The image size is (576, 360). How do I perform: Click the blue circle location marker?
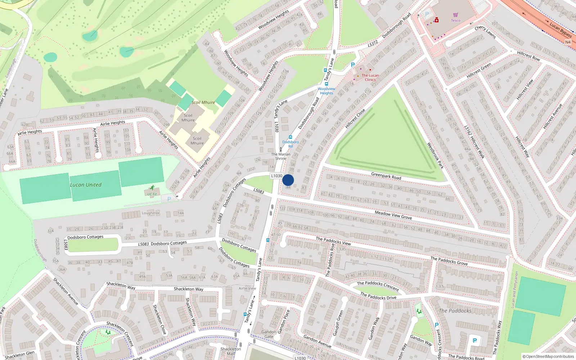click(x=288, y=180)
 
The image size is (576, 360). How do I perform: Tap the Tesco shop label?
click(x=455, y=21)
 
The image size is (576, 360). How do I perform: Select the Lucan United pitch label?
click(x=86, y=185)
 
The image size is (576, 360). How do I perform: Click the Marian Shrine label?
click(x=281, y=156)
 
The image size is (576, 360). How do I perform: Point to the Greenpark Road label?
click(x=386, y=176)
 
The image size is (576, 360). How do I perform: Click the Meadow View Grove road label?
click(x=393, y=215)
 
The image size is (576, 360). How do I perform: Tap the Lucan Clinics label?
click(x=370, y=77)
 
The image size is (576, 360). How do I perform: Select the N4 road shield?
click(x=568, y=42)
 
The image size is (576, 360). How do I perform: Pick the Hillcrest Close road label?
click(x=355, y=118)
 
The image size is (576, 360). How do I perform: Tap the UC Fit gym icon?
click(x=152, y=188)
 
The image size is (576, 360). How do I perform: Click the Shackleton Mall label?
click(x=231, y=351)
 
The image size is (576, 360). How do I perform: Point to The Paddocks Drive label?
click(x=378, y=296)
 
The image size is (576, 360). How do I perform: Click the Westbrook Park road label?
click(x=435, y=156)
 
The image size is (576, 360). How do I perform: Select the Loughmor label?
click(x=150, y=213)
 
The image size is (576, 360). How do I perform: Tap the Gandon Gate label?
click(x=269, y=334)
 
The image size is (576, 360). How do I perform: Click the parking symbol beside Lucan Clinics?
click(x=353, y=65)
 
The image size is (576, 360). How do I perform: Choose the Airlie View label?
click(x=247, y=288)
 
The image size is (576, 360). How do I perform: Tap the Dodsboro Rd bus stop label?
click(x=290, y=144)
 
